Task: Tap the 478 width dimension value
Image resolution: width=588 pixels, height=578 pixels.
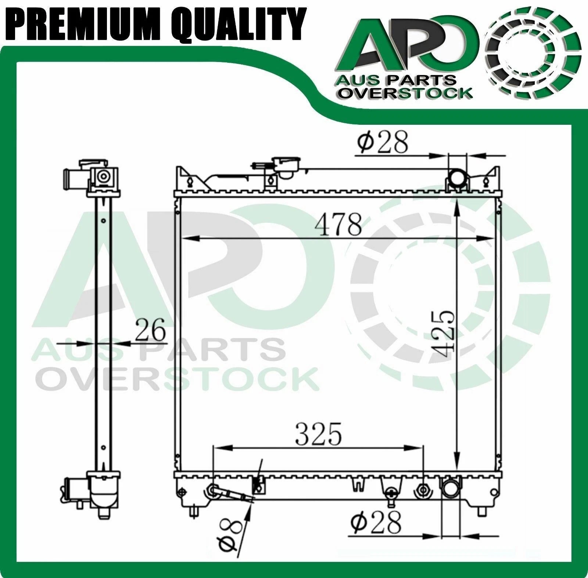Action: [338, 225]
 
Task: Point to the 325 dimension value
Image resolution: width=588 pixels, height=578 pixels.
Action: [319, 434]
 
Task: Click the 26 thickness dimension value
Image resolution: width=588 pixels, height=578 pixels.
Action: [151, 330]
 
